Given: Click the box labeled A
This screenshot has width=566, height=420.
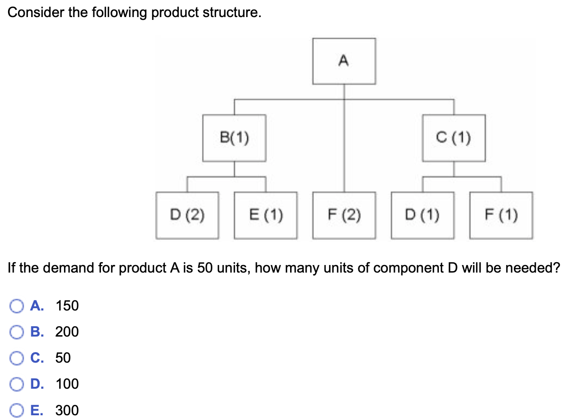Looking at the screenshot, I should click(344, 61).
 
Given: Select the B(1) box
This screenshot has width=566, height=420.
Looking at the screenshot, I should click(234, 138).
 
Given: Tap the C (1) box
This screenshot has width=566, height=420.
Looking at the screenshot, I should click(454, 138).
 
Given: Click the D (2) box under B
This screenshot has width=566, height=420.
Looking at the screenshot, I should click(188, 215).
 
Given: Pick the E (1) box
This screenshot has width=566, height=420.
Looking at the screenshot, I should click(266, 215).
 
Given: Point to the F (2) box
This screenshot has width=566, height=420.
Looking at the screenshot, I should click(344, 215).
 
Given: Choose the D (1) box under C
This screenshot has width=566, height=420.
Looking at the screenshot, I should click(422, 215).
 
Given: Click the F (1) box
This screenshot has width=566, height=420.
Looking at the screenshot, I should click(501, 215).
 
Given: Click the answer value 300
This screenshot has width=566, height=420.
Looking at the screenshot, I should click(67, 410).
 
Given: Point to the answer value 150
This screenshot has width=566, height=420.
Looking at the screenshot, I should click(67, 306).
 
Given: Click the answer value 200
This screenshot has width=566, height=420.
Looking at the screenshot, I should click(67, 332).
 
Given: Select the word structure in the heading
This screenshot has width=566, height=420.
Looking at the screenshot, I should click(232, 13).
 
